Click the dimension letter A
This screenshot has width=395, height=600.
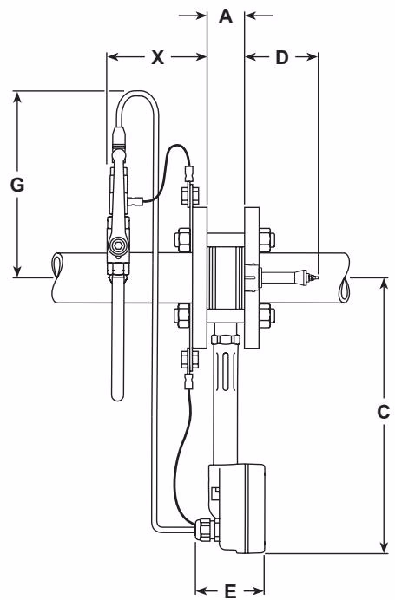point(226,16)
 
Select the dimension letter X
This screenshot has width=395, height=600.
point(157,58)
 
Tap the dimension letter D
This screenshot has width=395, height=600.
point(281,58)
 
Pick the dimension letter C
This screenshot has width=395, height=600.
point(383,414)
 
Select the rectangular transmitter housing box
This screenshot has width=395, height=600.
point(239,507)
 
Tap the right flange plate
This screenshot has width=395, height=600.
point(252,277)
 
